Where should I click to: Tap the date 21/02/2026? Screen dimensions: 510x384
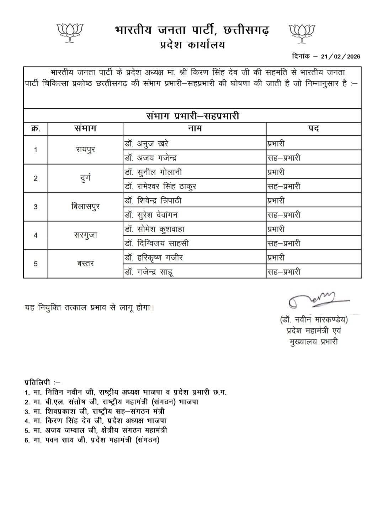[341, 56]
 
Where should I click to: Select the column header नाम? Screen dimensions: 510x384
[194, 129]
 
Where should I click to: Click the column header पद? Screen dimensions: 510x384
[313, 129]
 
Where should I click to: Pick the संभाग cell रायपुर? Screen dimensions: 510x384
[85, 150]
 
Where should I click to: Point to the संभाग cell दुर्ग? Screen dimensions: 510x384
[85, 178]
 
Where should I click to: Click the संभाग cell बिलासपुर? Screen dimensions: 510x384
[85, 207]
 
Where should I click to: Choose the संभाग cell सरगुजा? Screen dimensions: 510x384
[85, 235]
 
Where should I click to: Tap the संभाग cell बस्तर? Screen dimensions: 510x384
[85, 264]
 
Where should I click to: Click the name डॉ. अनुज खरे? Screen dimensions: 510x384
[146, 143]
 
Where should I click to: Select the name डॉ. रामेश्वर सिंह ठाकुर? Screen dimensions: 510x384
[160, 186]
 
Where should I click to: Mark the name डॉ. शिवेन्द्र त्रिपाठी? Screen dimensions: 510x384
[153, 201]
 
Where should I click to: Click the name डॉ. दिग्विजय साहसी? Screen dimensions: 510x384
[156, 243]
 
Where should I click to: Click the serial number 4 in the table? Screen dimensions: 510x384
[36, 235]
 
